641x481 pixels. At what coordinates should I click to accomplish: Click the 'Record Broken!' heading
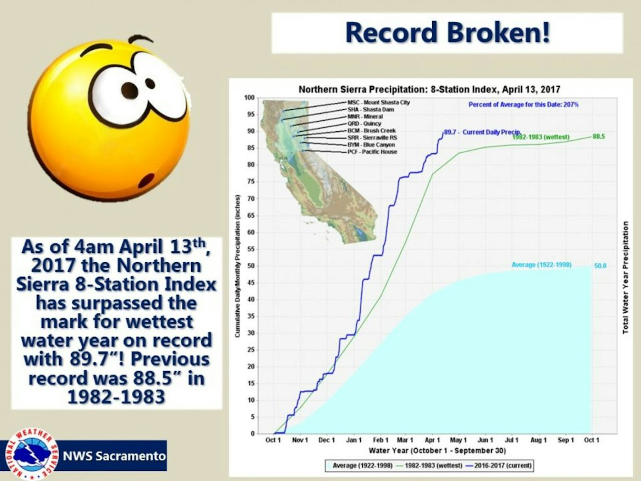448,32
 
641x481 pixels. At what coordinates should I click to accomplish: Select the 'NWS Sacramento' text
114,456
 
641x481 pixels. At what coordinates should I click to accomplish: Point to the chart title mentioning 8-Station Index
429,89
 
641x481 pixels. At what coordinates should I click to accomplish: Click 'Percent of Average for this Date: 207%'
523,105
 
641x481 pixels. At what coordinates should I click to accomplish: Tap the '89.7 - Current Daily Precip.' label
483,132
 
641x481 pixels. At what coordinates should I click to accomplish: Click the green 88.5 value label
599,137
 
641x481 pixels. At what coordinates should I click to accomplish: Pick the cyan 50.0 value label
600,266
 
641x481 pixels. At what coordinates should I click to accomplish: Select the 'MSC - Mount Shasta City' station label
379,103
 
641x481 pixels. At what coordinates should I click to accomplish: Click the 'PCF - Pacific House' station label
372,152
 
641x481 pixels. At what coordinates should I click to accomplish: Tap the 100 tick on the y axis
249,97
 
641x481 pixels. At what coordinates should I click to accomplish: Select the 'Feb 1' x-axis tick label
380,440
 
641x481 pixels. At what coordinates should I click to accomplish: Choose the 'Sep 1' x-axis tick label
565,440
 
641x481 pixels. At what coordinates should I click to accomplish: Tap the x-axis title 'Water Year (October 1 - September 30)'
437,451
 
